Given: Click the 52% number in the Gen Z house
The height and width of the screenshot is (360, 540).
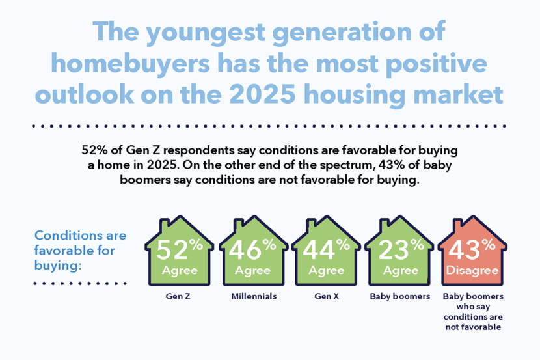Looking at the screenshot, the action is click(180, 249).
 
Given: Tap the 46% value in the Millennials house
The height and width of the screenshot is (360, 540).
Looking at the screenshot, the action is click(252, 249).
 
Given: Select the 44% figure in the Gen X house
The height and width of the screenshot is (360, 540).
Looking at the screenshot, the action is click(326, 249).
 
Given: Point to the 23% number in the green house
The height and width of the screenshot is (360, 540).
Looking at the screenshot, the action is click(401, 249).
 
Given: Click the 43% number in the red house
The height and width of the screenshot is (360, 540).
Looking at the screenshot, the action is click(472, 249).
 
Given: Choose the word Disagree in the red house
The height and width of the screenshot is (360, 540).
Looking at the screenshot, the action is click(472, 270).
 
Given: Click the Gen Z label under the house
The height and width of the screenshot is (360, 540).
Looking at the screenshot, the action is click(178, 296).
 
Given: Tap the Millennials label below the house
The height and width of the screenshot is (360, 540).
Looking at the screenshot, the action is click(254, 296).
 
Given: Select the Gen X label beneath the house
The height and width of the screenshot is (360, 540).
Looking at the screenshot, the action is click(327, 296).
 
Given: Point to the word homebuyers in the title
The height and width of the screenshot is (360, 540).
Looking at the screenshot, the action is click(130, 64).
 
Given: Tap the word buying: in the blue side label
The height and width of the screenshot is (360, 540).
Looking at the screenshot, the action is click(57, 266).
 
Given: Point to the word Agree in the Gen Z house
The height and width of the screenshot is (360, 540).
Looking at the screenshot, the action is click(180, 271).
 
